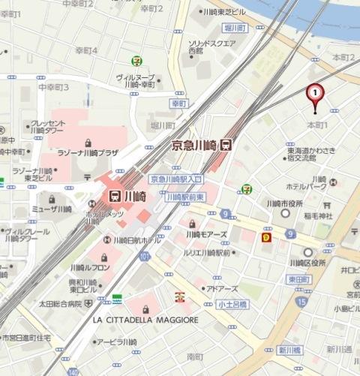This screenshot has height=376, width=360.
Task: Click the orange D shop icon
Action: (265, 237)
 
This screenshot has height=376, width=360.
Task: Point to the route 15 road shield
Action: (301, 301)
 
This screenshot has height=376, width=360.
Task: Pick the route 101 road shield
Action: (145, 257)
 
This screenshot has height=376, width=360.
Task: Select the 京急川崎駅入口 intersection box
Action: (176, 179)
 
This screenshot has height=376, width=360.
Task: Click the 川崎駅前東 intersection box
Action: (184, 195)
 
